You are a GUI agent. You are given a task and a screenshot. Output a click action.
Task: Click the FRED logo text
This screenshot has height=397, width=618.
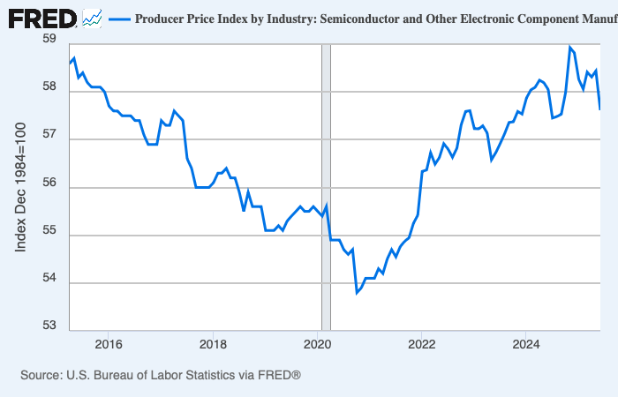[x=41, y=18]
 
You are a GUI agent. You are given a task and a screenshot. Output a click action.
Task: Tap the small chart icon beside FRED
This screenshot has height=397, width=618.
[x=92, y=18]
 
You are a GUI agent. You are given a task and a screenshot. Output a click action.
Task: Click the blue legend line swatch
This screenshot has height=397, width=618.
[x=118, y=19]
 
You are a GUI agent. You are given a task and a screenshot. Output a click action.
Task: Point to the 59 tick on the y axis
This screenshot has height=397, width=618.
[x=49, y=40]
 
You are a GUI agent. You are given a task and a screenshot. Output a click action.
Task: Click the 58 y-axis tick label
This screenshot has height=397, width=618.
[x=49, y=88]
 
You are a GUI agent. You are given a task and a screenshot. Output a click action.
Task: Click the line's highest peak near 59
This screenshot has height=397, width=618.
[x=569, y=47]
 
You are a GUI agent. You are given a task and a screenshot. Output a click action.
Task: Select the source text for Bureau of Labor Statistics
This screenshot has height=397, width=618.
[x=161, y=376]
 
